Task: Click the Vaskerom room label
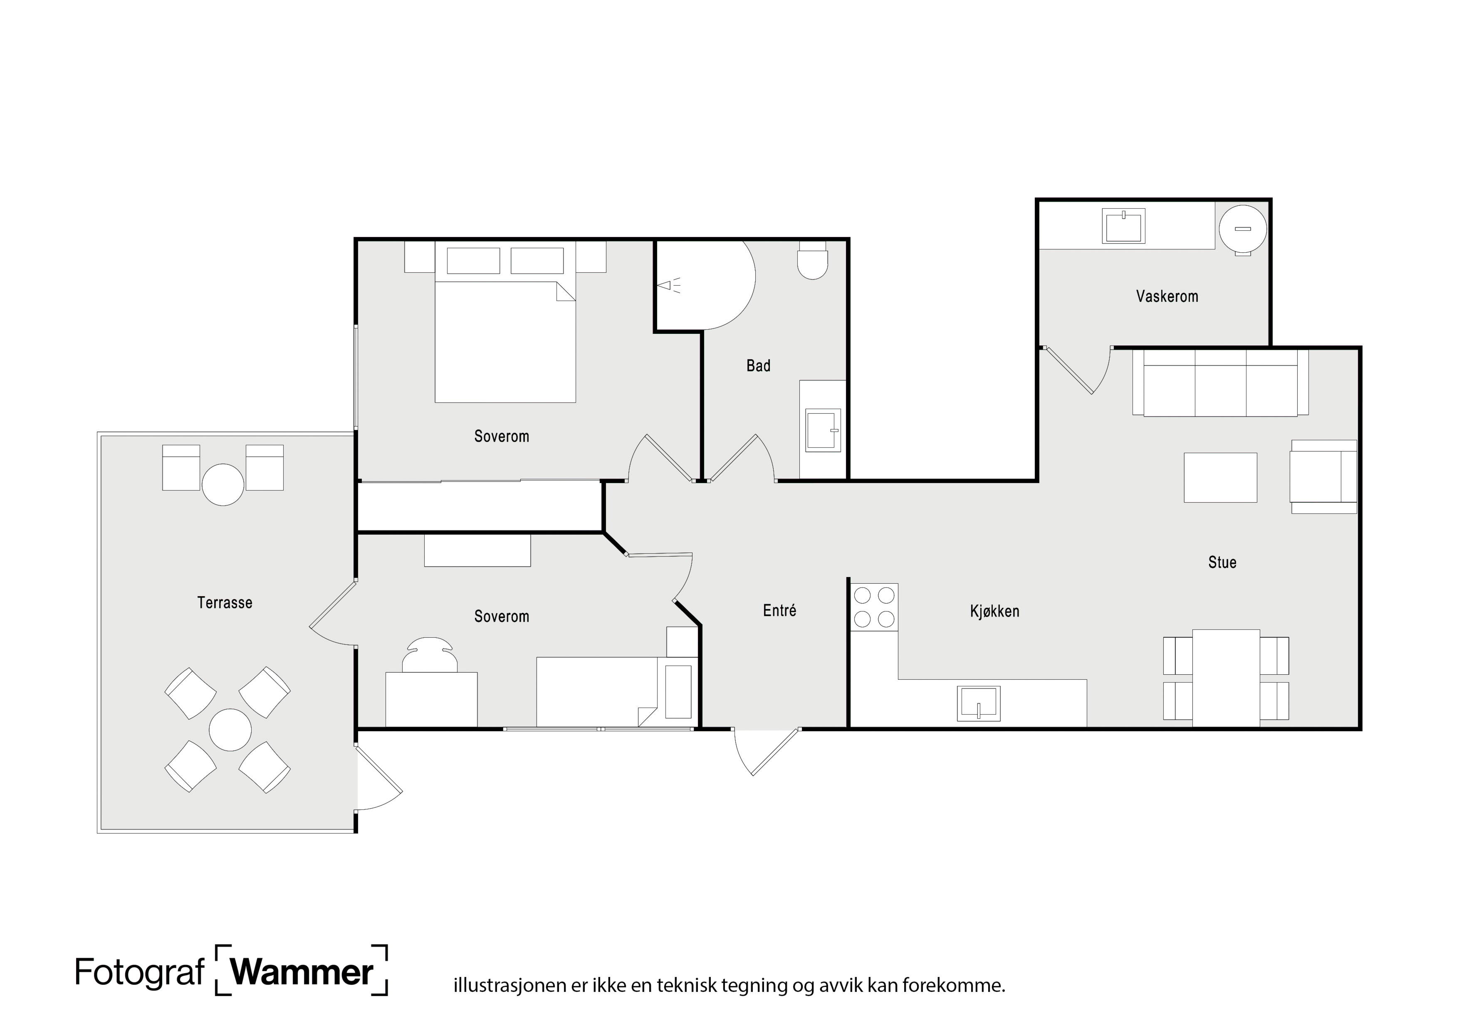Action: tap(1167, 296)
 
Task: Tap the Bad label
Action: tap(758, 365)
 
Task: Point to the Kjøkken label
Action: tap(994, 611)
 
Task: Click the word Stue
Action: tap(1222, 562)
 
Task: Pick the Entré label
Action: tap(779, 610)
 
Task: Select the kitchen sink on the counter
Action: tap(979, 704)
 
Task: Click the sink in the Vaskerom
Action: tap(1123, 226)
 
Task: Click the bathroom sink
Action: tap(823, 430)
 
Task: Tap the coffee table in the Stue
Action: tap(1220, 478)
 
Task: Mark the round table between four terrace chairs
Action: tap(230, 730)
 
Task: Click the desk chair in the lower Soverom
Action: tap(430, 655)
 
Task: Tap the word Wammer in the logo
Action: tap(302, 972)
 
